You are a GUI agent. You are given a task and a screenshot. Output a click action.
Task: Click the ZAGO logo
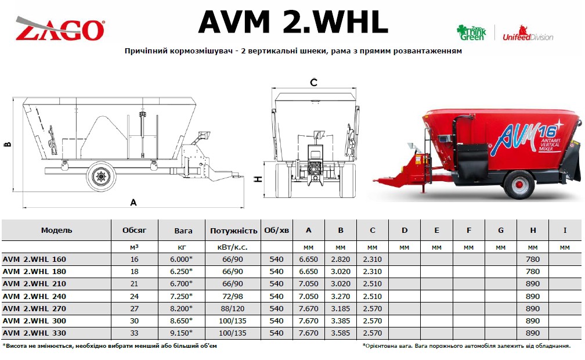[x=60, y=28]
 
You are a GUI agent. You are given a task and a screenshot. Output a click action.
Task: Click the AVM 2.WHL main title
[x=293, y=22]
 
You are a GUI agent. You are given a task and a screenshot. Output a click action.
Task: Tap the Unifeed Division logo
[x=528, y=33]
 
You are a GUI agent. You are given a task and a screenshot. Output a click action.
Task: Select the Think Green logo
[x=472, y=33]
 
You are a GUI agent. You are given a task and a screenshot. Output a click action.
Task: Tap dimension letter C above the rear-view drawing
[x=314, y=82]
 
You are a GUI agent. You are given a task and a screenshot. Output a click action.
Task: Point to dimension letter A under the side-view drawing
[x=133, y=203]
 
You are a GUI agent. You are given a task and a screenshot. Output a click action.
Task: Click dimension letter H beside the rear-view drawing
[x=258, y=179]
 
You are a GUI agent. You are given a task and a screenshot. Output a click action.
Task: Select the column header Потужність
[x=233, y=231]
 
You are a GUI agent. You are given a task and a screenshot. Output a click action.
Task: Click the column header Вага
[x=183, y=231]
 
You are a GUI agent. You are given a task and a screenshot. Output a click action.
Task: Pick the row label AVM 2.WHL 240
[x=34, y=297]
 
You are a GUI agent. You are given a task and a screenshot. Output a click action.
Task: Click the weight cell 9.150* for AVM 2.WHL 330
[x=181, y=333]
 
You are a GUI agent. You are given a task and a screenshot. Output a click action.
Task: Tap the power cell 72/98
[x=232, y=297]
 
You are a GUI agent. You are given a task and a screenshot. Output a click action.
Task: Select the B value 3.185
[x=340, y=308]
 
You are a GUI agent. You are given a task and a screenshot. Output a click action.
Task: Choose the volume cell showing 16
[x=134, y=259]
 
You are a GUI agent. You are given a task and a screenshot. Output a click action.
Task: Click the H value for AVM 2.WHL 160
[x=532, y=259]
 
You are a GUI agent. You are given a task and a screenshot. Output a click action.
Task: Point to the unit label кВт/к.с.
[x=232, y=247]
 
